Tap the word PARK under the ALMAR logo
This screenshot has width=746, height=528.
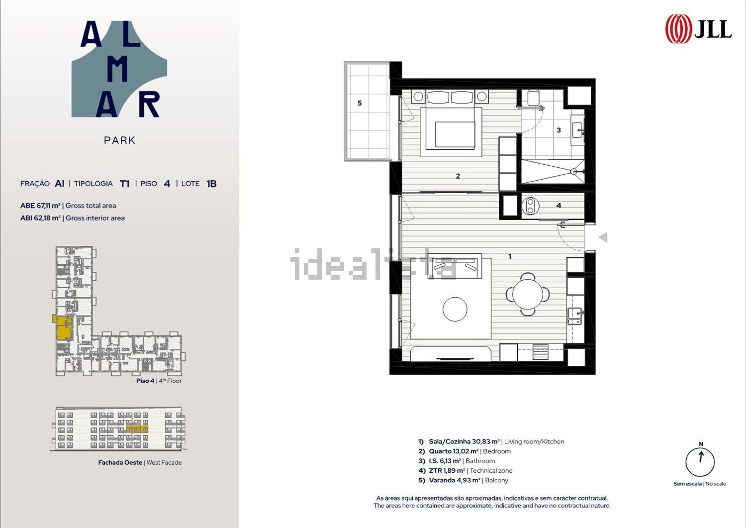119,140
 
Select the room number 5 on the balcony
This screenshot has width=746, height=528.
360,104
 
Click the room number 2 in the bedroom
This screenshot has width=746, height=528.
458,176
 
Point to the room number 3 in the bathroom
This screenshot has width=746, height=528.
559,130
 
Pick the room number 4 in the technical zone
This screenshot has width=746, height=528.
559,206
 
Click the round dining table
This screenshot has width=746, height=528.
528,294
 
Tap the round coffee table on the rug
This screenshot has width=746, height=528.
455,309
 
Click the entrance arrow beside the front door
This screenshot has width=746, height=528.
603,237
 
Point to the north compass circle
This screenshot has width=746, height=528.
700,462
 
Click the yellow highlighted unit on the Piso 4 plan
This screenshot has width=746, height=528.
64,327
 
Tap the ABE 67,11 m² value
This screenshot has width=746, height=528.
40,206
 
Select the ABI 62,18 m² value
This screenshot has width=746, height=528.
40,218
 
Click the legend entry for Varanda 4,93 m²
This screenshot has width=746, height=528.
463,480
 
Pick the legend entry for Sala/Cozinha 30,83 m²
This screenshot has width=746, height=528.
491,442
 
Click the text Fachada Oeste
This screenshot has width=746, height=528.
120,463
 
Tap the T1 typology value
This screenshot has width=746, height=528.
124,184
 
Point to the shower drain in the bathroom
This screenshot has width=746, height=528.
573,172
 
